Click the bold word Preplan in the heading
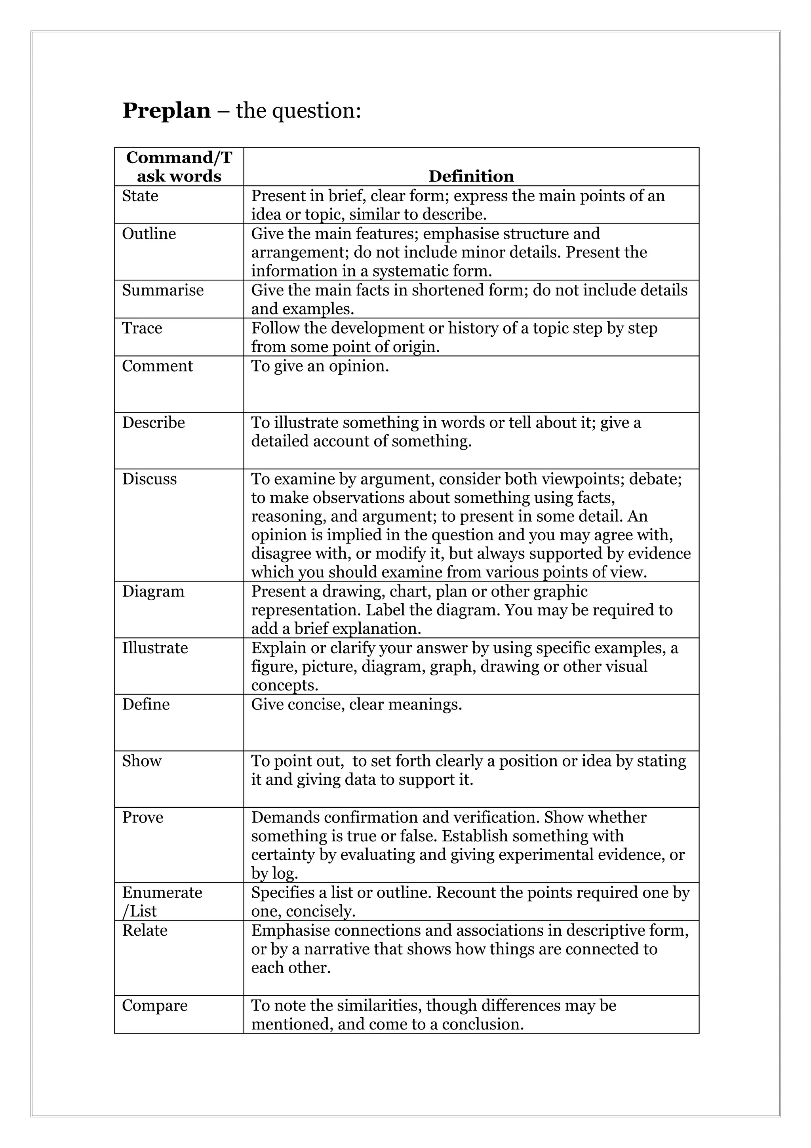click(x=166, y=111)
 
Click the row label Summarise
click(x=163, y=290)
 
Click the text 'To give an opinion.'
click(x=320, y=366)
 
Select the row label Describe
click(x=153, y=423)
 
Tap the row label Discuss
click(x=149, y=479)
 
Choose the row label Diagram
click(x=153, y=591)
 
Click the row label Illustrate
click(x=155, y=648)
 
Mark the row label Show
click(x=141, y=761)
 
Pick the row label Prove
click(x=143, y=818)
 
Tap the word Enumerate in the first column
click(x=162, y=892)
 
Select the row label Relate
click(x=145, y=931)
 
